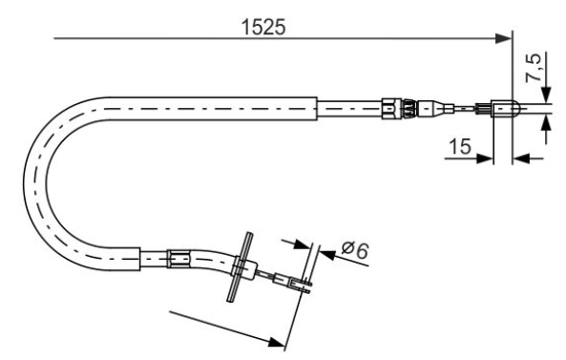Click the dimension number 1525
(x=263, y=27)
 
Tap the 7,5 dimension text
(x=534, y=68)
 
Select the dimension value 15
(x=460, y=147)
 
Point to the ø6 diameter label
(x=355, y=250)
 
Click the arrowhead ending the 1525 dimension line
(x=504, y=38)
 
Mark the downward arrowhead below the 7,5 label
(x=547, y=95)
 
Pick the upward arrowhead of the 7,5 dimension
(x=547, y=124)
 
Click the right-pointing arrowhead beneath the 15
(x=485, y=159)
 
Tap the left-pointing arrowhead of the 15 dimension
(x=521, y=159)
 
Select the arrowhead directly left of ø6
(x=303, y=244)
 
